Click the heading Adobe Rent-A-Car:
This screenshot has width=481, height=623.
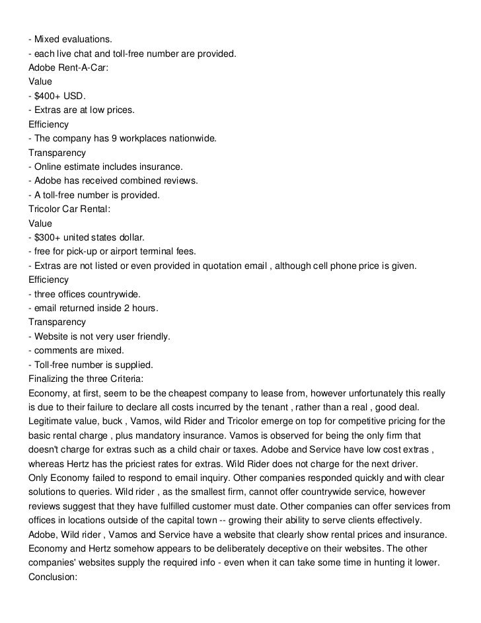click(x=68, y=67)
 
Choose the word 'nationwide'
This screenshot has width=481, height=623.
click(x=191, y=138)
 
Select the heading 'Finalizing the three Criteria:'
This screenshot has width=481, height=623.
click(x=85, y=379)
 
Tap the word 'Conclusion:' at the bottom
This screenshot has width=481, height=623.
click(x=54, y=577)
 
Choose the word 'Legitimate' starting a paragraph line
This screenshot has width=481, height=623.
click(x=52, y=421)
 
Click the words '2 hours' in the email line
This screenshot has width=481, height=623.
click(x=140, y=309)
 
